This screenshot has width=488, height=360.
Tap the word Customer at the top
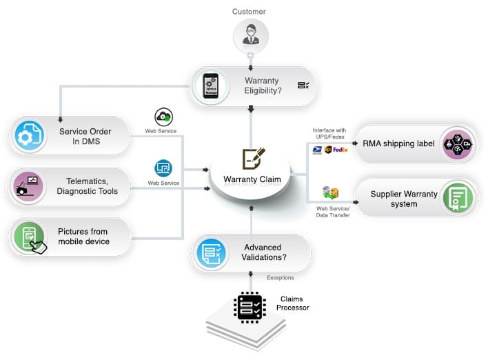click(x=248, y=11)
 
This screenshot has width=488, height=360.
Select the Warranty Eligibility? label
click(x=262, y=86)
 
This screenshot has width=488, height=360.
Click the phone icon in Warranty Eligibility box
click(x=211, y=86)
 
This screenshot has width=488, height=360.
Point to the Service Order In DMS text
click(x=85, y=137)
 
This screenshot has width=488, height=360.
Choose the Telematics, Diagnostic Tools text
click(x=87, y=186)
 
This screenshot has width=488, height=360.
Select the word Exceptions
click(x=280, y=278)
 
